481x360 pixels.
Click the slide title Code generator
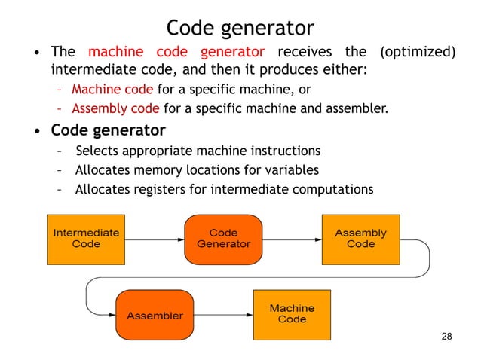(240, 28)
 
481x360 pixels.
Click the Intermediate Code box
(86, 239)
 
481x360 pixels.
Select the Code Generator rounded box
(223, 239)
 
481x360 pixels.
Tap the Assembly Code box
(360, 239)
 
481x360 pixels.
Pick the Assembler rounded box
(155, 315)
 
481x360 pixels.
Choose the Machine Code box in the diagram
(292, 314)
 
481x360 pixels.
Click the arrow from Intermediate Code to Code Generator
(155, 239)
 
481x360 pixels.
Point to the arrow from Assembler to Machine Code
(222, 315)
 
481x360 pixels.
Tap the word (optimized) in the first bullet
(418, 53)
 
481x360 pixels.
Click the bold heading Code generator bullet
(108, 130)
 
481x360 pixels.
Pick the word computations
(335, 189)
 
